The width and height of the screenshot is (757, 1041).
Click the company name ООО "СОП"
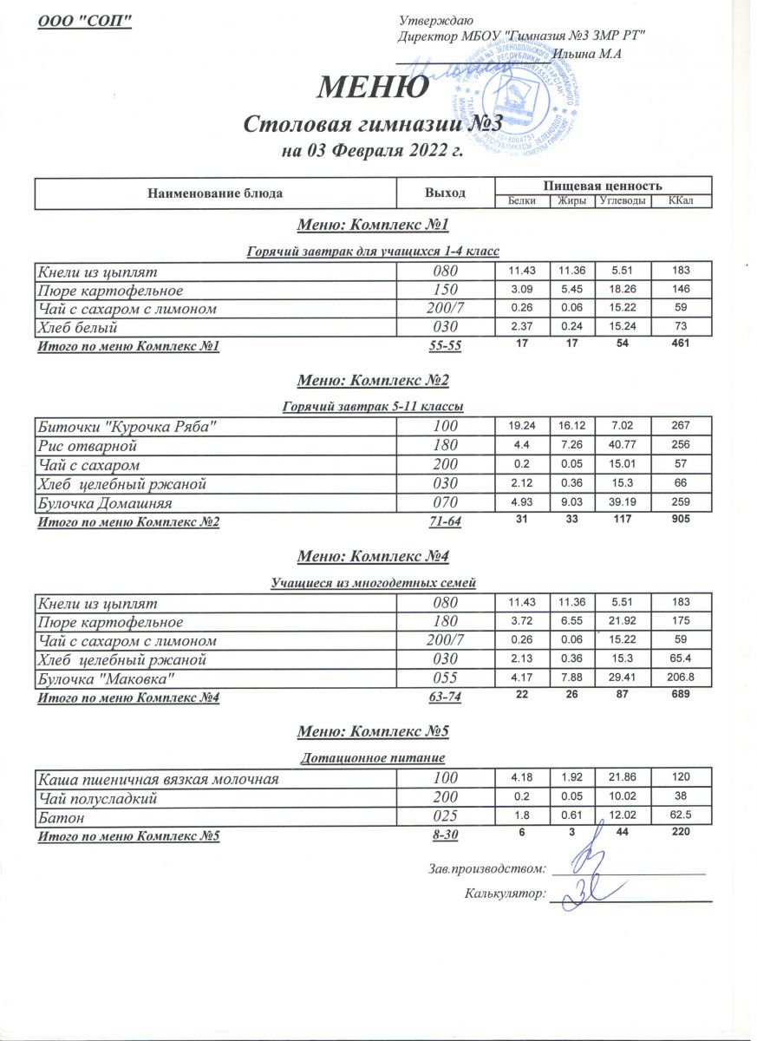pyautogui.click(x=84, y=21)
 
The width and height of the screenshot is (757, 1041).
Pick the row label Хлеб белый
pyautogui.click(x=76, y=328)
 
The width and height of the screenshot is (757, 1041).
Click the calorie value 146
pyautogui.click(x=681, y=290)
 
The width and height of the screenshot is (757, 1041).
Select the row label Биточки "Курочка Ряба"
pyautogui.click(x=126, y=427)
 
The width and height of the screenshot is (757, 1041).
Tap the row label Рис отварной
pyautogui.click(x=86, y=446)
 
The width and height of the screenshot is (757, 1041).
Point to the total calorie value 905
pyautogui.click(x=681, y=520)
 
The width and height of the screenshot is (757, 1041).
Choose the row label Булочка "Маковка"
pyautogui.click(x=108, y=679)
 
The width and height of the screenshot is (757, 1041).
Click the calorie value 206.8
pyautogui.click(x=681, y=679)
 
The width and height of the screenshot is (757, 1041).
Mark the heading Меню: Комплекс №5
pyautogui.click(x=373, y=732)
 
